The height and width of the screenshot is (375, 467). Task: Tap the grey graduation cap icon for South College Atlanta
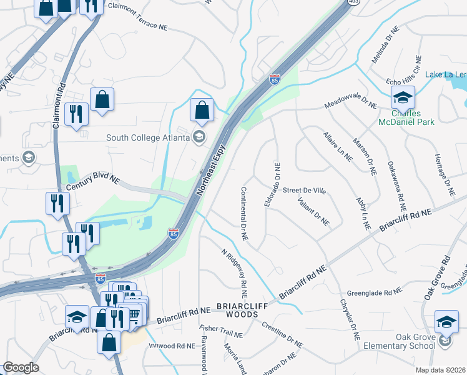point(199,137)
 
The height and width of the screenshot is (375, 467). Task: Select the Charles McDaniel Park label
point(406,118)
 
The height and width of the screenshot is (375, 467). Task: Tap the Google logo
point(21,367)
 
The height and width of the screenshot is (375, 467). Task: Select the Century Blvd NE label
point(92,179)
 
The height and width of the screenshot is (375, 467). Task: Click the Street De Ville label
point(304,190)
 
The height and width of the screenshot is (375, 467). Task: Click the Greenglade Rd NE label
point(374,292)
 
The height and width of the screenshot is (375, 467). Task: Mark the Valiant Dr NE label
point(313,210)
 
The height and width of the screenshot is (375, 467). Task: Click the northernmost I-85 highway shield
point(275,79)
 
